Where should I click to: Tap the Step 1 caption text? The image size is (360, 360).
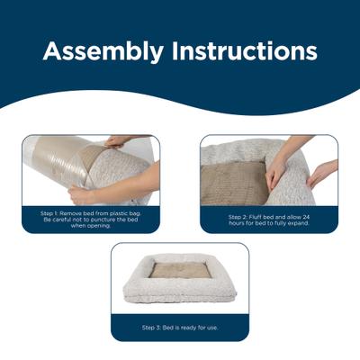coord(90,219)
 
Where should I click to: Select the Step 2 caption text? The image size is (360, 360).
coord(269,219)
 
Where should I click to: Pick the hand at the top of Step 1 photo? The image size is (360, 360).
coord(117,141)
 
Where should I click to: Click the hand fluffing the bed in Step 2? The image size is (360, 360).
coord(276,168)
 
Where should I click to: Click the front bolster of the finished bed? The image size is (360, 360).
coord(180,290)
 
